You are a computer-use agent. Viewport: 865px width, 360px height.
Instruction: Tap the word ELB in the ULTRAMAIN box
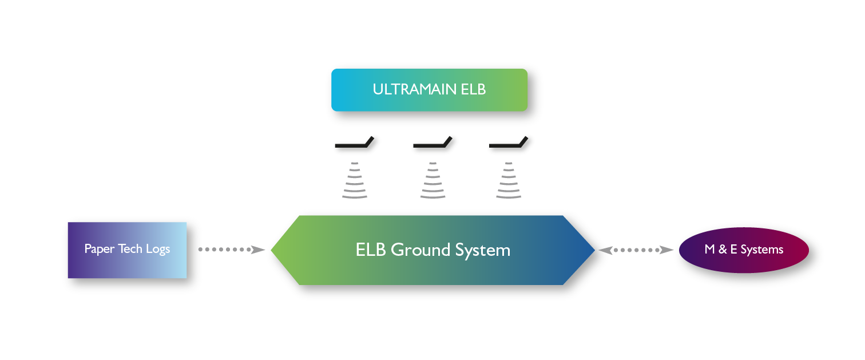coord(473,89)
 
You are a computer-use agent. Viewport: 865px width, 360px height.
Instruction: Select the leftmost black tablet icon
coord(355,142)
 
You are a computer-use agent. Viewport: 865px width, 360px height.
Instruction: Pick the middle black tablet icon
coord(432,142)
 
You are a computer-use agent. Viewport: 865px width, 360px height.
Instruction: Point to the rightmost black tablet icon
coord(509,142)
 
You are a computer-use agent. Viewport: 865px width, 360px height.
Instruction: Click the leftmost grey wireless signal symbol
coord(355,180)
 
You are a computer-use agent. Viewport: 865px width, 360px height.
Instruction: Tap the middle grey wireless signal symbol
coord(433,180)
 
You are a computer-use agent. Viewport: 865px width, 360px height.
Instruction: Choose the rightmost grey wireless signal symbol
coord(509,180)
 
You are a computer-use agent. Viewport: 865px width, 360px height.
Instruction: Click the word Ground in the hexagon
coord(420,250)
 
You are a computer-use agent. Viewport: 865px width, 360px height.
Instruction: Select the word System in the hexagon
coord(483,251)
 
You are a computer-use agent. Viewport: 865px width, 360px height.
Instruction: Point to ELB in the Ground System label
coord(371,250)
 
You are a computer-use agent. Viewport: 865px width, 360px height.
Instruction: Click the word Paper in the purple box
coord(99,249)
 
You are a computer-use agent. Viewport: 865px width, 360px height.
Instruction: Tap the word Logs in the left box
coord(158,249)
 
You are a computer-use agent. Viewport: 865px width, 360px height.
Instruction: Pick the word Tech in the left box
coord(130,248)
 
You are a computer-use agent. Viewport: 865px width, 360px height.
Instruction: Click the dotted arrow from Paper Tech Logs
coord(232,250)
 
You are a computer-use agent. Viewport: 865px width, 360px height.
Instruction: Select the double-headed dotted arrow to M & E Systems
coord(636,250)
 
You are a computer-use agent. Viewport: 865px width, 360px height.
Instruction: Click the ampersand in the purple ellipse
coord(723,250)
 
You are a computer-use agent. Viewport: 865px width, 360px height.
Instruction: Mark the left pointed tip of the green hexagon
coord(271,250)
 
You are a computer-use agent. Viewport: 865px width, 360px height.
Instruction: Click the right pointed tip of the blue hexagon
coord(595,250)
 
